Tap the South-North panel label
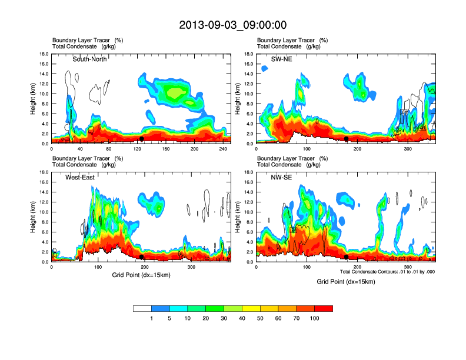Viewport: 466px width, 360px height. point(89,59)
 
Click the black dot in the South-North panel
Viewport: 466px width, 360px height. point(141,139)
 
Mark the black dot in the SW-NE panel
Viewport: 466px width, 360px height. point(347,139)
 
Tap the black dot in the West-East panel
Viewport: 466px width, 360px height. point(141,257)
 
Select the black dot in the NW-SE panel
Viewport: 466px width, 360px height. point(347,257)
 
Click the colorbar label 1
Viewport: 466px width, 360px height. point(151,318)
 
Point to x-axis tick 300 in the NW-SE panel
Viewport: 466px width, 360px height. point(407,268)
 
